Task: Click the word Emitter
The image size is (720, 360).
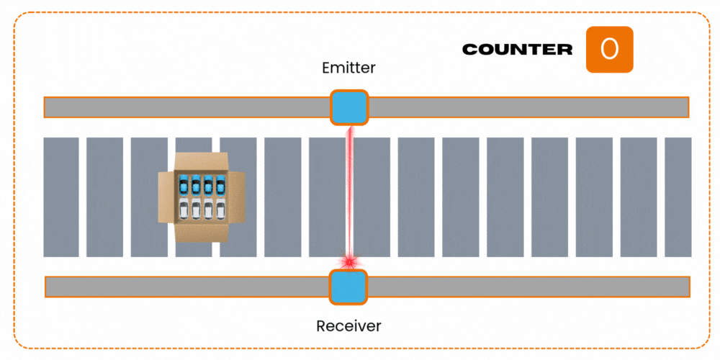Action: coord(349,68)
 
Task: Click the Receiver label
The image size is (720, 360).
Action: coord(348,326)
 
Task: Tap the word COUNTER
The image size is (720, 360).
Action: coord(517,50)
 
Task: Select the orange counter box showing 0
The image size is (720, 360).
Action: coord(609,50)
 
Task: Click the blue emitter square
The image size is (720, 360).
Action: coord(349,107)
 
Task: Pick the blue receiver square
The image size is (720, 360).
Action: coord(348,287)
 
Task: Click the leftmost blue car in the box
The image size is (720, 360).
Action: coord(184,184)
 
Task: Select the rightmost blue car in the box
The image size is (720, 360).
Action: coord(220,184)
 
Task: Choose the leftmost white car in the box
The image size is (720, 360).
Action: coord(184,209)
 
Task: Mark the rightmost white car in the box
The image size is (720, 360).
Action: coord(220,209)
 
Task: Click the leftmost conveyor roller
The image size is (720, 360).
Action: coord(61,197)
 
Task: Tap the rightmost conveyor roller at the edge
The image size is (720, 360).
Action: coord(678,197)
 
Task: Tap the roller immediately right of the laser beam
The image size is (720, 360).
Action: coord(372,197)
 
